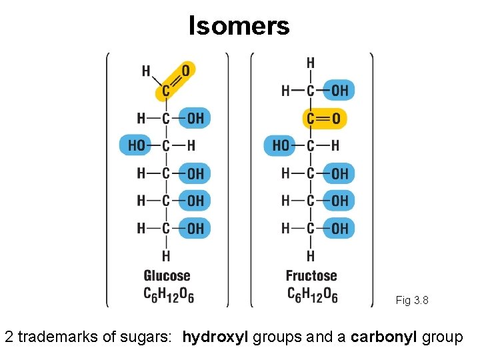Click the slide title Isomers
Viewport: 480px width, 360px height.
point(239,25)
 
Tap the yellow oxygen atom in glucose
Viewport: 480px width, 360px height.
point(185,70)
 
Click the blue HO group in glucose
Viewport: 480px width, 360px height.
point(137,145)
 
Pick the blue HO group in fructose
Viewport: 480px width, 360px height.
point(281,145)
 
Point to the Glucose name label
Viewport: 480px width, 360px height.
point(167,275)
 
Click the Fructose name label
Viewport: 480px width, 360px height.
point(311,275)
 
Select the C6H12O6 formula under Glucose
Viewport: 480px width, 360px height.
point(169,294)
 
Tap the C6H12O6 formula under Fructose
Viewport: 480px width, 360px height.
point(313,294)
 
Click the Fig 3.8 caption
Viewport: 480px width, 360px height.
point(412,300)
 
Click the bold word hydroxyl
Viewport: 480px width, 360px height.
point(215,337)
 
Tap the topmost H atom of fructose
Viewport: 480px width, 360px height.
point(311,63)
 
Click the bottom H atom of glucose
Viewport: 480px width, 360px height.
point(166,255)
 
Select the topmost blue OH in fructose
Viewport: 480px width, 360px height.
point(339,91)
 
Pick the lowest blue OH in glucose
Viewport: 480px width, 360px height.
point(195,229)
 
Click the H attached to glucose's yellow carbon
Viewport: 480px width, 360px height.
point(146,71)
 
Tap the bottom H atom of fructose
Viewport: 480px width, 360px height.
point(311,255)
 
